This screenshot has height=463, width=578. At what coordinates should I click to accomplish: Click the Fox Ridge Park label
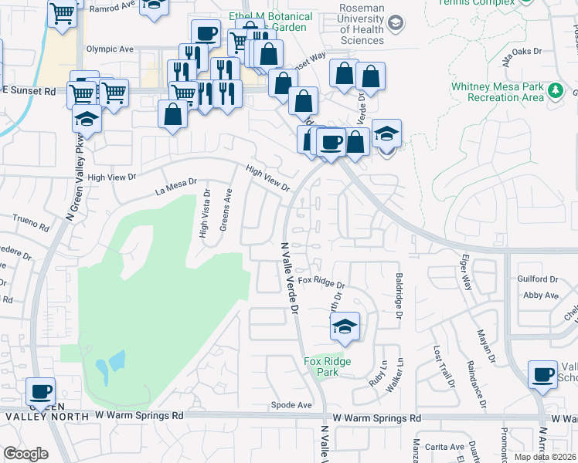coord(327,367)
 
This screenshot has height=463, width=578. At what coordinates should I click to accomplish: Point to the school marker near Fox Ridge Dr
coord(345,326)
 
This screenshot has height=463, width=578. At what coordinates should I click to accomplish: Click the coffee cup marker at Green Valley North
coord(40,390)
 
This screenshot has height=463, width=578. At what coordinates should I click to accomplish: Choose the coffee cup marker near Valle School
coord(542,375)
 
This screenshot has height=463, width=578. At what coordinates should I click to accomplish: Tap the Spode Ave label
coord(291,405)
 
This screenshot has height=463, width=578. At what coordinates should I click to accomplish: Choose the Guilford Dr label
coord(539,279)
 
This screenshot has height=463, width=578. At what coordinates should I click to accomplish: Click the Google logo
coord(25,454)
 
